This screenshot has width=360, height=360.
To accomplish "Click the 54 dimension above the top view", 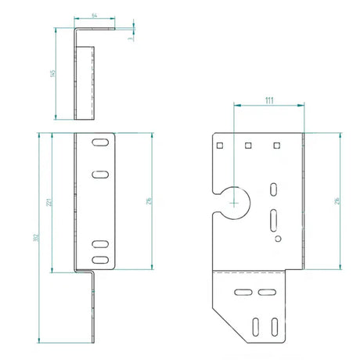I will click(95, 15).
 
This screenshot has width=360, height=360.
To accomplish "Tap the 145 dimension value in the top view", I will click(52, 74).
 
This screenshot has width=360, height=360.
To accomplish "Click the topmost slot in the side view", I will click(100, 144).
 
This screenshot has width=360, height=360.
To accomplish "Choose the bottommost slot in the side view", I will click(100, 258).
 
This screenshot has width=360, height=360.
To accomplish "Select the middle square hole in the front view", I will click(249, 145).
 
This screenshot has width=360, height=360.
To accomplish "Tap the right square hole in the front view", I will click(275, 145).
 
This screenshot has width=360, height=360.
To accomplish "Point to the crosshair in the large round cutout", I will click(233, 201).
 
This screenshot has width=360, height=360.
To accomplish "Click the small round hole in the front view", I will click(275, 237).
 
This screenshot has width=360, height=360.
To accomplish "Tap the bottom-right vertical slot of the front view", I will click(277, 324).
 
